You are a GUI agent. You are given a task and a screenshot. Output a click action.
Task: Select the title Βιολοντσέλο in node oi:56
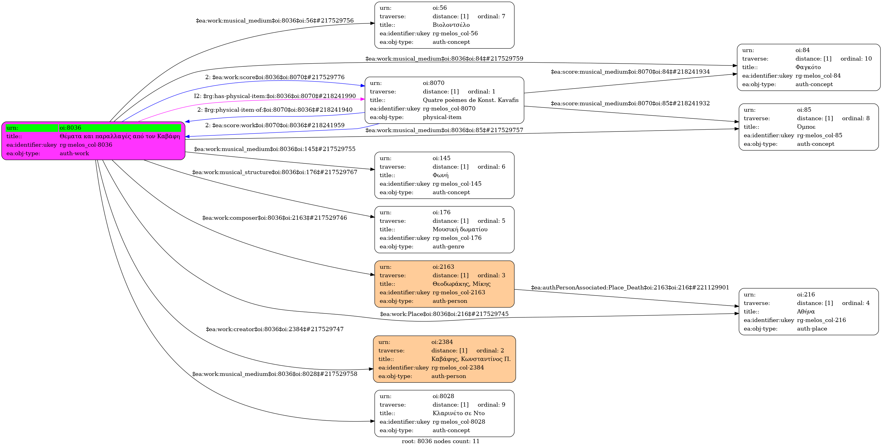[x=451, y=25]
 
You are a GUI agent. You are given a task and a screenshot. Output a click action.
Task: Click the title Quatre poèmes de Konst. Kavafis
[x=470, y=100]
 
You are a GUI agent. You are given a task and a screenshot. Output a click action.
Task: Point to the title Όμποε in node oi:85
[x=806, y=127]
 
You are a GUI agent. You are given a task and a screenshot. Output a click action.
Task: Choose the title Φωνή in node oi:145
[x=440, y=175]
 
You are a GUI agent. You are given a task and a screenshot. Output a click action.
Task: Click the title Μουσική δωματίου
[x=460, y=229]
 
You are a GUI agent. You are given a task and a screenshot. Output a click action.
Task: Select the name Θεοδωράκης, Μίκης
[x=461, y=284]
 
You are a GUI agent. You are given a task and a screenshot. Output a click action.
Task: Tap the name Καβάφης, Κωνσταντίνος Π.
[x=471, y=359]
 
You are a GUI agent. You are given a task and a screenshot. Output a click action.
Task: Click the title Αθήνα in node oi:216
[x=806, y=312]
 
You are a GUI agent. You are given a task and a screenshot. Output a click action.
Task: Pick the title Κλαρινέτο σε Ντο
[x=459, y=413]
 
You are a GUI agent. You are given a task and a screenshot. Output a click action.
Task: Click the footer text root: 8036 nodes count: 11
[x=441, y=442]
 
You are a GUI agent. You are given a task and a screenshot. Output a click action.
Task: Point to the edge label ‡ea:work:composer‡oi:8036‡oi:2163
[x=275, y=218]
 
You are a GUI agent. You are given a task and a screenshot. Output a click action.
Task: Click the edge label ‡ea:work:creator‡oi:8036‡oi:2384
[x=275, y=329]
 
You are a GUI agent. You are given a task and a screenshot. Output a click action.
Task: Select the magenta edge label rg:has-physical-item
[x=275, y=96]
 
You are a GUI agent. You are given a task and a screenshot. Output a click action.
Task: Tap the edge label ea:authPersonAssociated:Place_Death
[x=630, y=288]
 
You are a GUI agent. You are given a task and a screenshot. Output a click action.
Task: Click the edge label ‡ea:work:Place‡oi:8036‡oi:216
[x=444, y=314]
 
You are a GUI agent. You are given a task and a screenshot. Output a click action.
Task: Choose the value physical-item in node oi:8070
[x=442, y=117]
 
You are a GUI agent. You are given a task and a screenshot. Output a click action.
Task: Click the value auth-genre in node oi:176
[x=448, y=247]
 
